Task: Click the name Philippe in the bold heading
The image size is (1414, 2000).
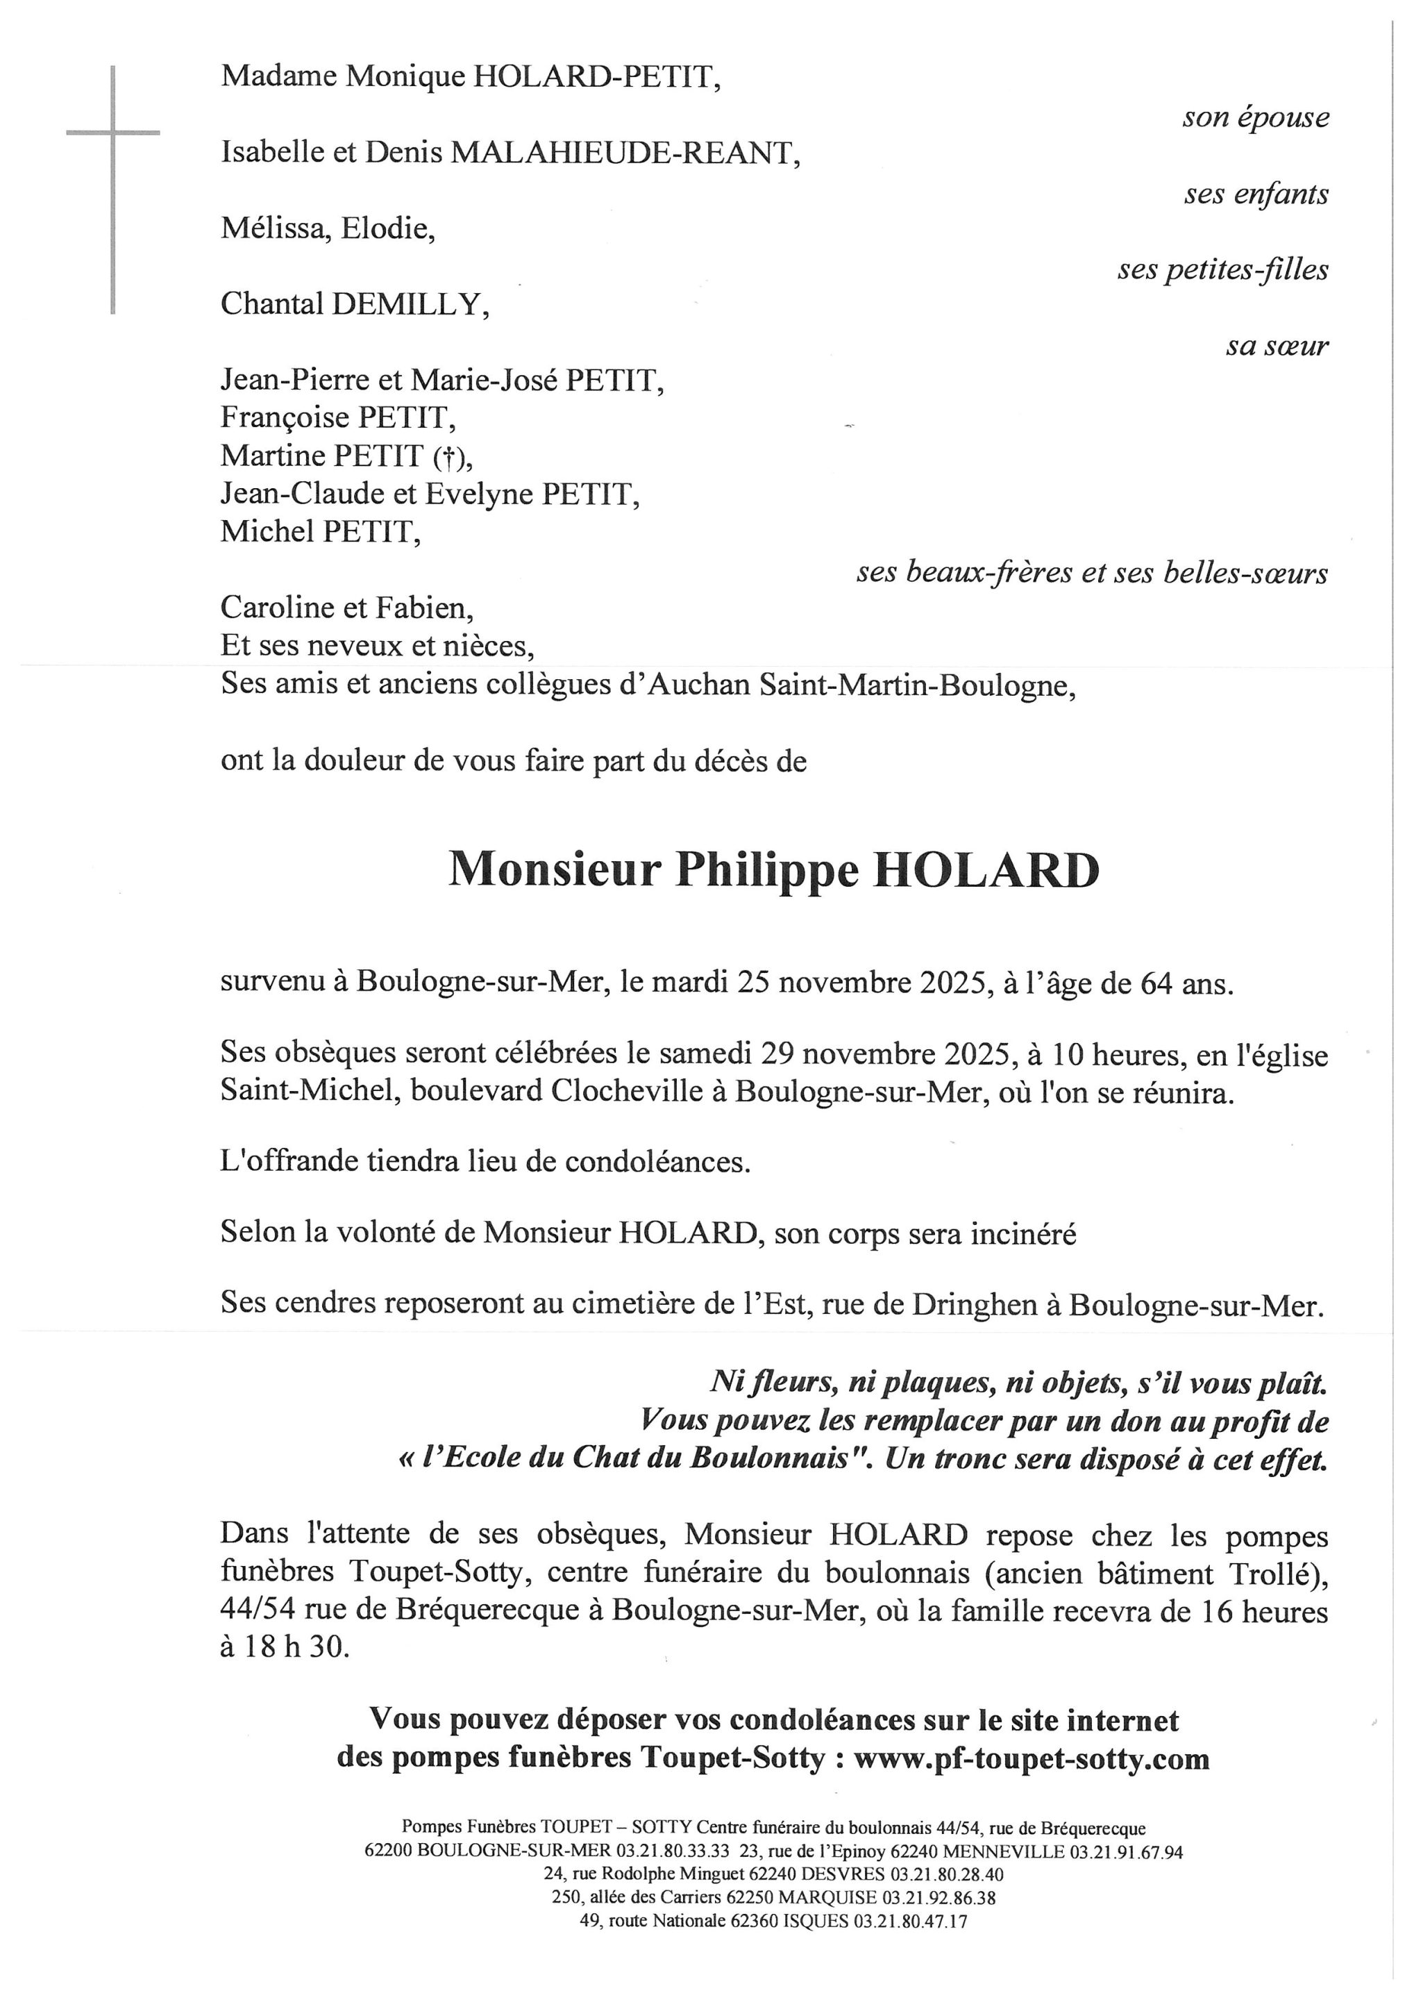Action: [x=767, y=870]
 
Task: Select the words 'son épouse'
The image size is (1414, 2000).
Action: [x=1254, y=117]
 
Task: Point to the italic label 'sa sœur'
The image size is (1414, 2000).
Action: [x=1277, y=347]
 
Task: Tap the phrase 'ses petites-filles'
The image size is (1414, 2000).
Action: [x=1222, y=270]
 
